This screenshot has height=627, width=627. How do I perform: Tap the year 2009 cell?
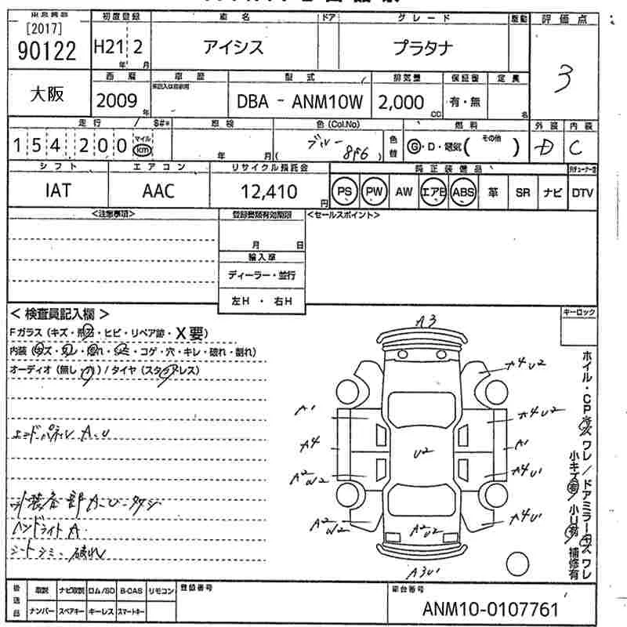click(118, 100)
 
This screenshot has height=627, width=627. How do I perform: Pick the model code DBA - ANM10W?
click(303, 102)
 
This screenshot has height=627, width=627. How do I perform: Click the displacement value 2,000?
click(401, 102)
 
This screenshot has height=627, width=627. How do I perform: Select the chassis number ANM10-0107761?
click(491, 609)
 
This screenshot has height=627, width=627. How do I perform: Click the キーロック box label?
click(579, 312)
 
